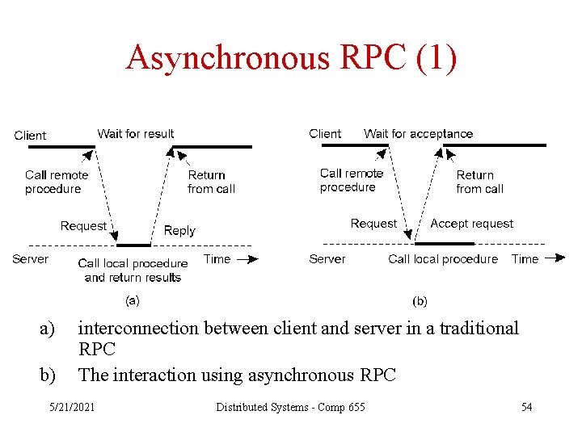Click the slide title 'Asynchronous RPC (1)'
pyautogui.click(x=291, y=58)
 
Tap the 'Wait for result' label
pyautogui.click(x=136, y=133)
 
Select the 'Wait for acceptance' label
pyautogui.click(x=418, y=133)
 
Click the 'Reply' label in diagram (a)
pyautogui.click(x=179, y=230)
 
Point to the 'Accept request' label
pyautogui.click(x=471, y=224)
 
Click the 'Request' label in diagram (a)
pyautogui.click(x=83, y=226)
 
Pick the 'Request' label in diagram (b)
pyautogui.click(x=373, y=224)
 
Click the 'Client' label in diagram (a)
pyautogui.click(x=30, y=136)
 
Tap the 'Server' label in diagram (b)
pyautogui.click(x=327, y=259)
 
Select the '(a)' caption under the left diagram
pyautogui.click(x=131, y=300)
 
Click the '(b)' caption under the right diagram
pyautogui.click(x=420, y=301)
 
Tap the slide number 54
pyautogui.click(x=526, y=407)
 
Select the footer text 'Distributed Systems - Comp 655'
pyautogui.click(x=290, y=407)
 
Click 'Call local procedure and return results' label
pyautogui.click(x=133, y=270)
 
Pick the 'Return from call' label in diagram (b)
pyautogui.click(x=479, y=182)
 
